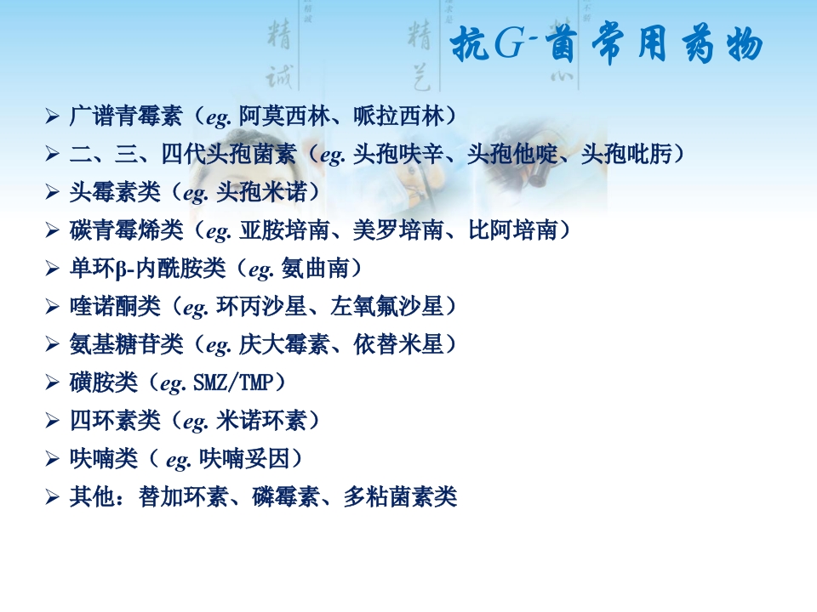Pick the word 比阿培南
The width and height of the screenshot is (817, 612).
click(513, 230)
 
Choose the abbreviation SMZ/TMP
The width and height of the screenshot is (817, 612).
click(231, 383)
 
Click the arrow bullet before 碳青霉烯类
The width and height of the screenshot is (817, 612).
click(52, 230)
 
